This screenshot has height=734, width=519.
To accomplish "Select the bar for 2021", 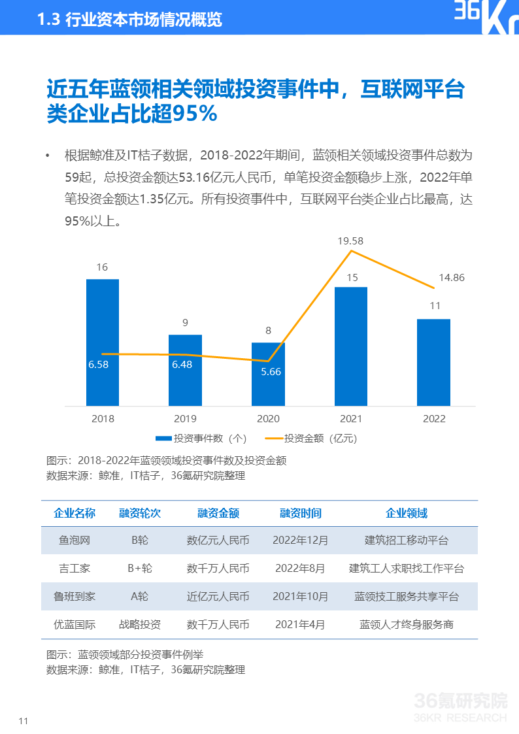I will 351,346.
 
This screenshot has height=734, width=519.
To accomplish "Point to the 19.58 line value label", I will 350,241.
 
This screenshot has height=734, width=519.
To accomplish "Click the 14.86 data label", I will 452,278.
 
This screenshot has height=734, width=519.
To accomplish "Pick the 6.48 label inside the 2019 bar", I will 182,365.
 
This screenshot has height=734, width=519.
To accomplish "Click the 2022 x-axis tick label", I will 434,419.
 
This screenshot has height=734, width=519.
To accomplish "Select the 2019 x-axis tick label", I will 185,419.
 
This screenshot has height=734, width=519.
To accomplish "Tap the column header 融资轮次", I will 140,513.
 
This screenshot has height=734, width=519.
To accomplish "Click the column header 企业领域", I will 407,513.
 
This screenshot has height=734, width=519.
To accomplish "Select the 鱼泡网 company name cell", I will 75,541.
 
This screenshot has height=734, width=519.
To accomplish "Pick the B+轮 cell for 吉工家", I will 140,569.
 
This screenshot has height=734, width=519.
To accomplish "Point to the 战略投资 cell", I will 140,625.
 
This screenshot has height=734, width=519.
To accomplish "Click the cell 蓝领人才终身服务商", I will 407,625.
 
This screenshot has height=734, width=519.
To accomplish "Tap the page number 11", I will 24,721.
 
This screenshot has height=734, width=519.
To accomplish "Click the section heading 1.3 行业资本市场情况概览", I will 130,20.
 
